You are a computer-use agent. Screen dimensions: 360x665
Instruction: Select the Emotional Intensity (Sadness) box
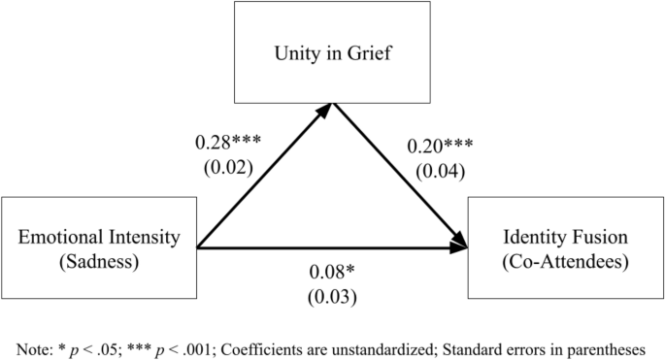point(99,247)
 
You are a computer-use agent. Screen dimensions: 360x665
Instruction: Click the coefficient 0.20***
point(440,147)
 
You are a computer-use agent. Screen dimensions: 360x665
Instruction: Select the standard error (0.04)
point(440,172)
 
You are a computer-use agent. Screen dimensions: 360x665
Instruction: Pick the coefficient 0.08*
point(333,272)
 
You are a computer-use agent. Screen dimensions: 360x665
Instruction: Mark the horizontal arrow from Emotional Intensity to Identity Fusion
point(330,248)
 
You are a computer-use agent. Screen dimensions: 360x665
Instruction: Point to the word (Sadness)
point(99,259)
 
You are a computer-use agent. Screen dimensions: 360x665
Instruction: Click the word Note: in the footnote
point(29,347)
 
